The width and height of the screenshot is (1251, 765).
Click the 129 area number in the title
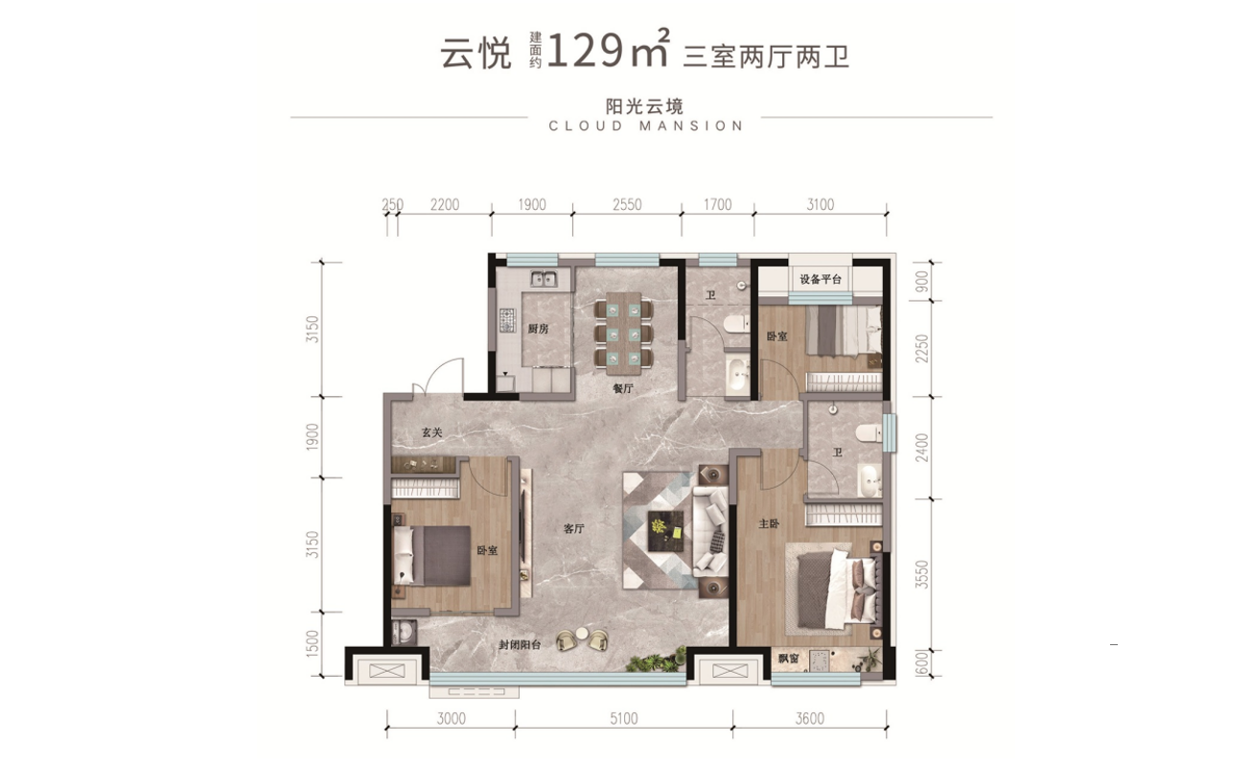coord(585,52)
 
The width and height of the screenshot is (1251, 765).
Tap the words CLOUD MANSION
coord(646,126)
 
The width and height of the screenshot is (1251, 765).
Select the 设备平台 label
coord(820,279)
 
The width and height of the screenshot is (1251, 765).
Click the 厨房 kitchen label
coord(537,329)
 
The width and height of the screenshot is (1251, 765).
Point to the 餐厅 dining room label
coord(623,389)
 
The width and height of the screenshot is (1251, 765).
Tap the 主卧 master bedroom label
coord(768,524)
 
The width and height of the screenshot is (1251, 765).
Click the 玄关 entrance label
coord(432,433)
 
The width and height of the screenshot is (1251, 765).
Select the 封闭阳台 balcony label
coord(520,645)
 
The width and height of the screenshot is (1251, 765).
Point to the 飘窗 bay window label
coord(789,659)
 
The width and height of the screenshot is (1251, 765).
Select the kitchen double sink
coord(545,280)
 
